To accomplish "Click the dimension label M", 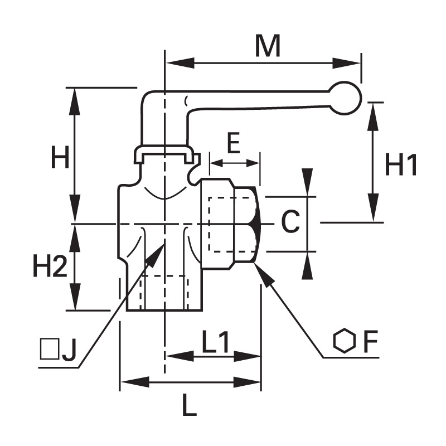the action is click(x=268, y=46).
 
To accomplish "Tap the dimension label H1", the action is click(x=401, y=164).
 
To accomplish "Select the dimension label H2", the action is click(x=50, y=266).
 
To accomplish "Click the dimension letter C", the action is click(x=290, y=221).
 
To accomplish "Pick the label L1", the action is click(x=215, y=342).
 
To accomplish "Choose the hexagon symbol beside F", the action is click(x=344, y=341).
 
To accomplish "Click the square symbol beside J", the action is click(x=50, y=349).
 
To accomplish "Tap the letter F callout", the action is click(x=370, y=341).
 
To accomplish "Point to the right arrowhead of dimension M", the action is click(x=347, y=63).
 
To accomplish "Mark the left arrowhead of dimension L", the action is click(x=135, y=382).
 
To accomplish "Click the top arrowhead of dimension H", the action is click(x=75, y=101).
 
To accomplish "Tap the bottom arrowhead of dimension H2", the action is click(x=75, y=297).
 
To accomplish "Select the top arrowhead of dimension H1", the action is click(x=373, y=116).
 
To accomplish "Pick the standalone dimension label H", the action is click(x=60, y=157).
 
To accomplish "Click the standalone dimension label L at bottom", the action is click(x=190, y=405).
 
